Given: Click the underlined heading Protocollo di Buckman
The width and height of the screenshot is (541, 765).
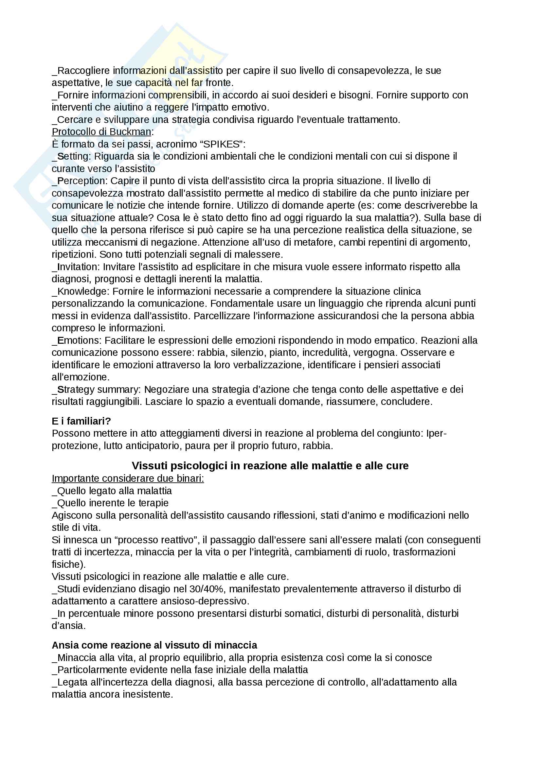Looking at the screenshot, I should [101, 131].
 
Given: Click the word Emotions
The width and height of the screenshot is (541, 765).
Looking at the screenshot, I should [79, 340].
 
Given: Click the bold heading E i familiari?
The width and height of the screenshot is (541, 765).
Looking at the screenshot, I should [81, 421].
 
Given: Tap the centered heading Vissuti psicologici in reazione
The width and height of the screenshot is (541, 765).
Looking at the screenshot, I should [270, 465].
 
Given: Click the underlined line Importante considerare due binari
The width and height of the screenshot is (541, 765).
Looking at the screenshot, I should [128, 478].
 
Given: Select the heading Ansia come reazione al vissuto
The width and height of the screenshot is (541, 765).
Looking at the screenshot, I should [154, 645].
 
